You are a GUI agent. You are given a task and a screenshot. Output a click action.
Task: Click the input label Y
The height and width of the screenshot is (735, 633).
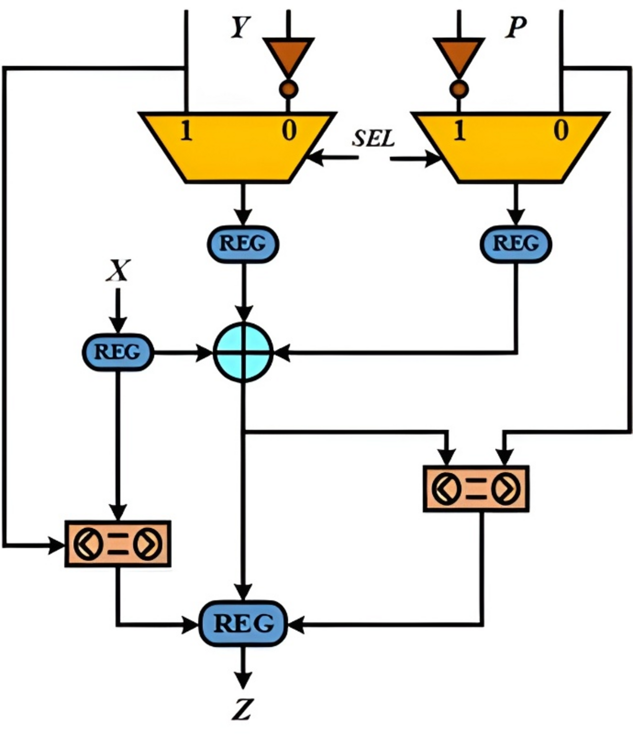[240, 28]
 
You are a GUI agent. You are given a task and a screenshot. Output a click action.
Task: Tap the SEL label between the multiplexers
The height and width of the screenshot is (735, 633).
[373, 139]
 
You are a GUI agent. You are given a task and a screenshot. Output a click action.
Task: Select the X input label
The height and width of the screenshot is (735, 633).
[118, 271]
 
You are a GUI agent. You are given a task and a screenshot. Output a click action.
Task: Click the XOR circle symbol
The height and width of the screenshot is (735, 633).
[243, 352]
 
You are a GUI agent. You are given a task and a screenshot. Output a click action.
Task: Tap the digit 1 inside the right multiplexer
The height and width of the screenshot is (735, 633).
[459, 132]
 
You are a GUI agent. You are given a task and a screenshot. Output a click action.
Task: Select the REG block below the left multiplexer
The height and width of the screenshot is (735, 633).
[243, 244]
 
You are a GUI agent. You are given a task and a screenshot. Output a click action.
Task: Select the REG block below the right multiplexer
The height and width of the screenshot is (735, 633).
[516, 244]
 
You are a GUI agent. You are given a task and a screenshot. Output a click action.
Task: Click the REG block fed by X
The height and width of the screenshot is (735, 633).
[117, 352]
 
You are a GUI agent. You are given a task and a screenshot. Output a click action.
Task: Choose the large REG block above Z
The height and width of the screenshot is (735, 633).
[243, 624]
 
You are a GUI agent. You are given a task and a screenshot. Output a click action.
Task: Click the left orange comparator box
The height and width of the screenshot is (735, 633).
[117, 543]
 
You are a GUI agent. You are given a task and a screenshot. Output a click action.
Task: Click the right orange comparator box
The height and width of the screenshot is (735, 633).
[476, 488]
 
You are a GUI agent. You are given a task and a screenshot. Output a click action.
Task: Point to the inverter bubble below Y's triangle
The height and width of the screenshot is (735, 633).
[288, 89]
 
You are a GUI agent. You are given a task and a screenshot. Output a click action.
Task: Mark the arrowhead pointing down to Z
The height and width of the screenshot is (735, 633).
[243, 681]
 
